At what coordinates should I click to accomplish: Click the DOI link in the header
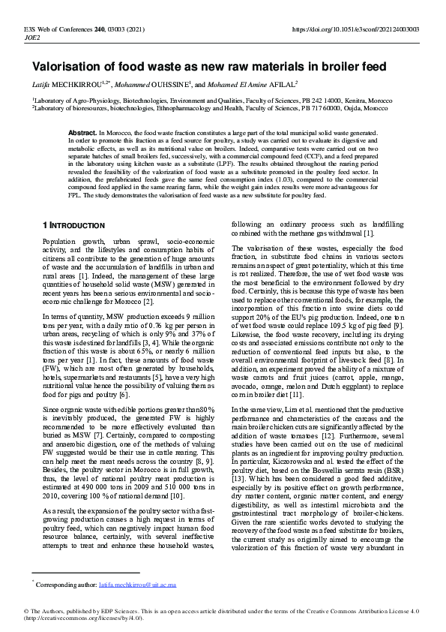[365, 29]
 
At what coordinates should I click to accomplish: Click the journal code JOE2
[33, 37]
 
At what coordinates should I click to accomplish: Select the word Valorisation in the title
[68, 68]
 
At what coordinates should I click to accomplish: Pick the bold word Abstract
[82, 132]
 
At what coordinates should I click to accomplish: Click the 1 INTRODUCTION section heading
[73, 225]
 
